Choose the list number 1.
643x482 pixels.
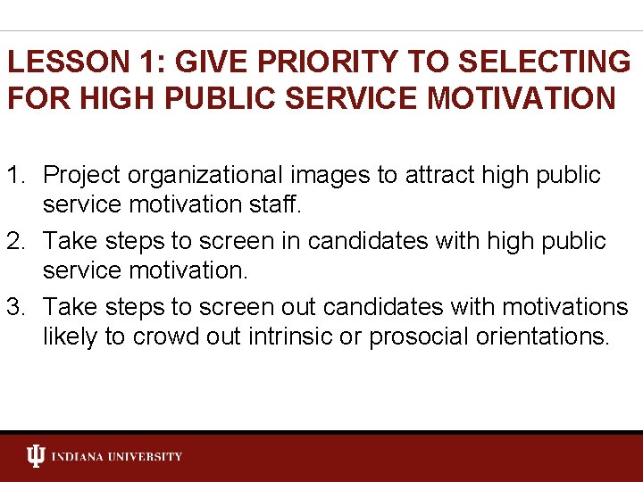tap(16, 175)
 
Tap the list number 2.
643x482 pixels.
tap(16, 241)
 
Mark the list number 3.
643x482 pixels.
tap(16, 307)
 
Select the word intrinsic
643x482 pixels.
tap(298, 337)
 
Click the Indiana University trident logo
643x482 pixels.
tap(36, 456)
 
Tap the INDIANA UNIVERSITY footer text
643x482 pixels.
tap(117, 457)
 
